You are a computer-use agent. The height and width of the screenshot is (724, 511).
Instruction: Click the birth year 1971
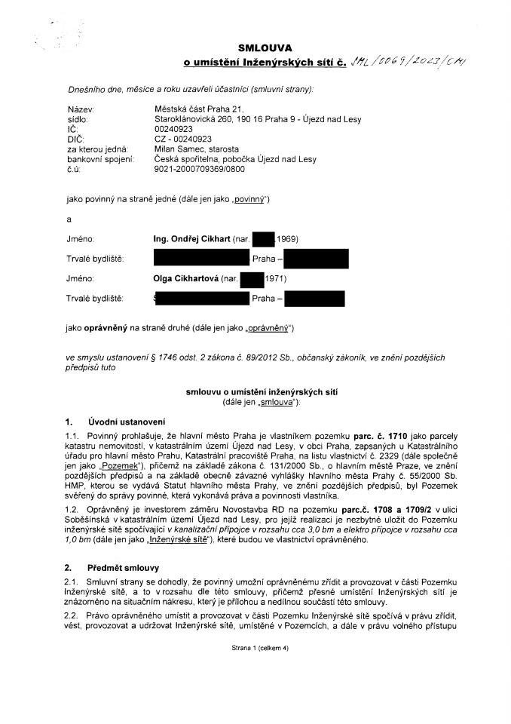pyautogui.click(x=275, y=279)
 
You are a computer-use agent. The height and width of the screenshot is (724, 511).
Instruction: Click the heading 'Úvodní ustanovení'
pyautogui.click(x=127, y=421)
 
